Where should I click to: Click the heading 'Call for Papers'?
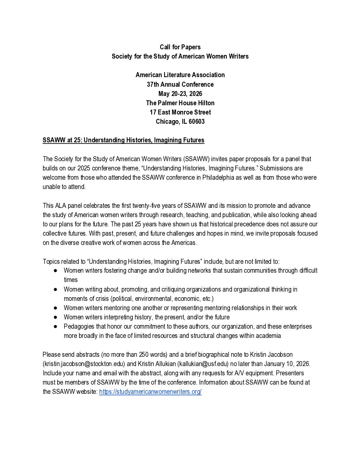click(180, 47)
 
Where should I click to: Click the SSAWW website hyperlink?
click(150, 392)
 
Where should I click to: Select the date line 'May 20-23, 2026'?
click(180, 94)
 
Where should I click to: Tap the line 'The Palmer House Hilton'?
click(180, 103)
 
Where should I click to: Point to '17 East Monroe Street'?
click(180, 112)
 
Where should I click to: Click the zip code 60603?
click(197, 121)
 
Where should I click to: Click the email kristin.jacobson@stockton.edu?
click(84, 364)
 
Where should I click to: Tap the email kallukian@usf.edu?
click(203, 364)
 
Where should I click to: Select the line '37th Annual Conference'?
click(180, 84)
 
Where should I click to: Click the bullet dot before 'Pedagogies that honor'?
click(56, 327)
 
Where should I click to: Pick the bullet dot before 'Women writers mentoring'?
click(56, 308)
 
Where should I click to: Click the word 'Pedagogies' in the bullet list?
click(79, 327)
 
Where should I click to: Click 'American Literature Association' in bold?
click(180, 75)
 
